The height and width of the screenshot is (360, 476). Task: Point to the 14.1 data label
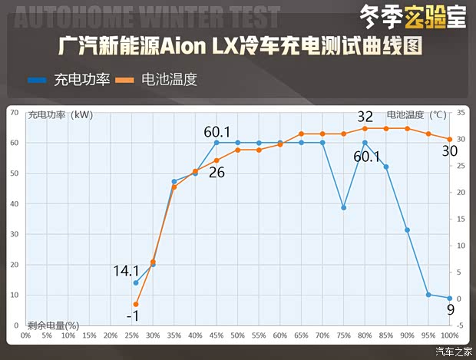pyautogui.click(x=126, y=270)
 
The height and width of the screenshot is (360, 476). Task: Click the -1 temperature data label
pyautogui.click(x=132, y=316)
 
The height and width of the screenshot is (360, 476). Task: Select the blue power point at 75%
pyautogui.click(x=344, y=207)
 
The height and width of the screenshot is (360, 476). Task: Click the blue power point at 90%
pyautogui.click(x=408, y=230)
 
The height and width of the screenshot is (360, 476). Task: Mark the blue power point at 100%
pyautogui.click(x=450, y=298)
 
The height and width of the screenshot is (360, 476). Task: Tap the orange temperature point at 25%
pyautogui.click(x=136, y=304)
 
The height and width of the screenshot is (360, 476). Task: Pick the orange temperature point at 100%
pyautogui.click(x=450, y=139)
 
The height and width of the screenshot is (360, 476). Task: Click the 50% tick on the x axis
pyautogui.click(x=238, y=335)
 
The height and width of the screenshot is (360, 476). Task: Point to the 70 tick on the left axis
pyautogui.click(x=13, y=112)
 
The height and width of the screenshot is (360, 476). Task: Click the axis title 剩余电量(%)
pyautogui.click(x=54, y=325)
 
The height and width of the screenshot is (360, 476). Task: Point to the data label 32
pyautogui.click(x=365, y=117)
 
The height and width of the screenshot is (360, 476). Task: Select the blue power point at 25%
pyautogui.click(x=136, y=282)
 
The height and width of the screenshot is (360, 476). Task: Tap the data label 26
pyautogui.click(x=217, y=172)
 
